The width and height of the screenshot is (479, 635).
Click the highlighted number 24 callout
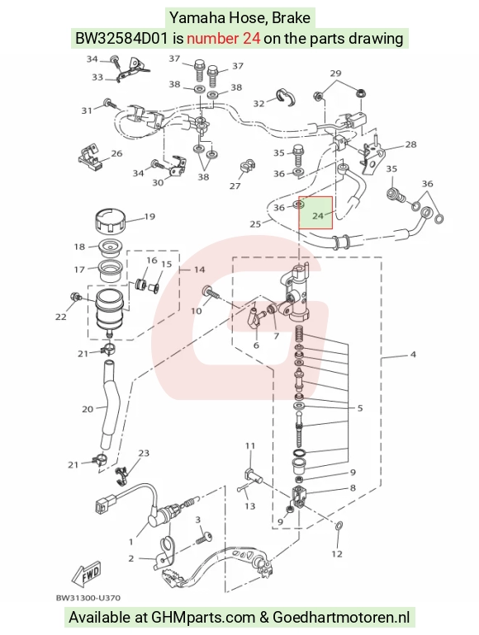pyautogui.click(x=318, y=216)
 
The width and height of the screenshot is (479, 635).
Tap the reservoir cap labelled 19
pyautogui.click(x=111, y=221)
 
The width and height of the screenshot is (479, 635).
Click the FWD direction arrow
pyautogui.click(x=86, y=576)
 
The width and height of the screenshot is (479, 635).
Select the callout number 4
pyautogui.click(x=413, y=355)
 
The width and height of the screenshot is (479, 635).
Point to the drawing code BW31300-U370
pyautogui.click(x=88, y=597)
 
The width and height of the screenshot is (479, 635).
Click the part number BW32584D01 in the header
pyautogui.click(x=121, y=39)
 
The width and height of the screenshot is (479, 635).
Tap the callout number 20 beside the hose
pyautogui.click(x=88, y=409)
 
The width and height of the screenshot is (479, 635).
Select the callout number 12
pyautogui.click(x=337, y=553)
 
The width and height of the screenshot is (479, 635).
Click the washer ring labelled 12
pyautogui.click(x=339, y=526)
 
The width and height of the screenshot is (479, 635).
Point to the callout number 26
pyautogui.click(x=116, y=153)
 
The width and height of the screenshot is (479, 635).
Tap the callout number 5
pyautogui.click(x=360, y=408)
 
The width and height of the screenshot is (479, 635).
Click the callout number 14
pyautogui.click(x=199, y=270)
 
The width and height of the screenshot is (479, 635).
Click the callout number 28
pyautogui.click(x=410, y=144)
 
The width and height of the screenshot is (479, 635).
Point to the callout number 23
pyautogui.click(x=144, y=453)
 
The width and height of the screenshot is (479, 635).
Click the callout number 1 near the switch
pyautogui.click(x=131, y=542)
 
